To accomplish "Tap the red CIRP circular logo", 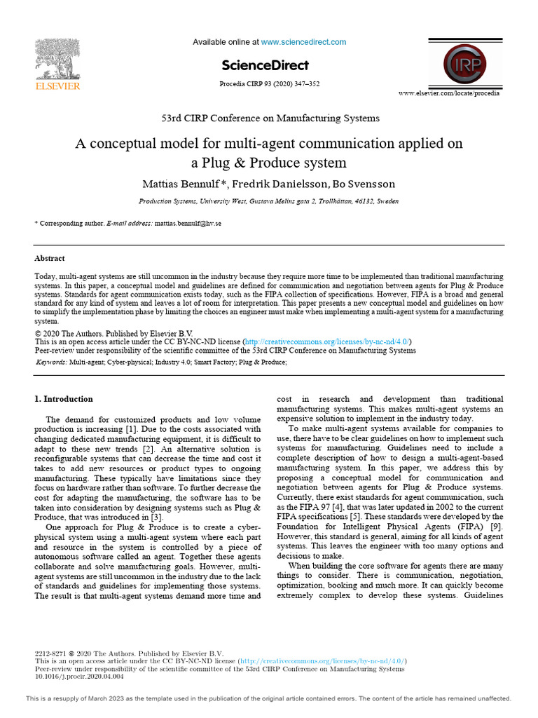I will [x=466, y=64].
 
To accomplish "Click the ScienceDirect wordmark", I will [x=265, y=65].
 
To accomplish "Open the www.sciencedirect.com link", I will [x=303, y=42].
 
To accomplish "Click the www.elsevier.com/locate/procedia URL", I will [x=449, y=93].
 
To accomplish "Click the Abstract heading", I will [x=50, y=259].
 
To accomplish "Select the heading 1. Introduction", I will [x=64, y=399].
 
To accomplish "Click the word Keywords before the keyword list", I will [x=51, y=362].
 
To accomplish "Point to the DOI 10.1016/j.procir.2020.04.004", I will [x=79, y=677].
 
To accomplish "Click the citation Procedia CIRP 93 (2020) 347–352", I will [x=270, y=84].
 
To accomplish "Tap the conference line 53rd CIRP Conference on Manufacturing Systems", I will [x=269, y=118].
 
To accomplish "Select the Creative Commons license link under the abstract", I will [x=327, y=341].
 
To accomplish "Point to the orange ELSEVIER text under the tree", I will [x=57, y=86].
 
